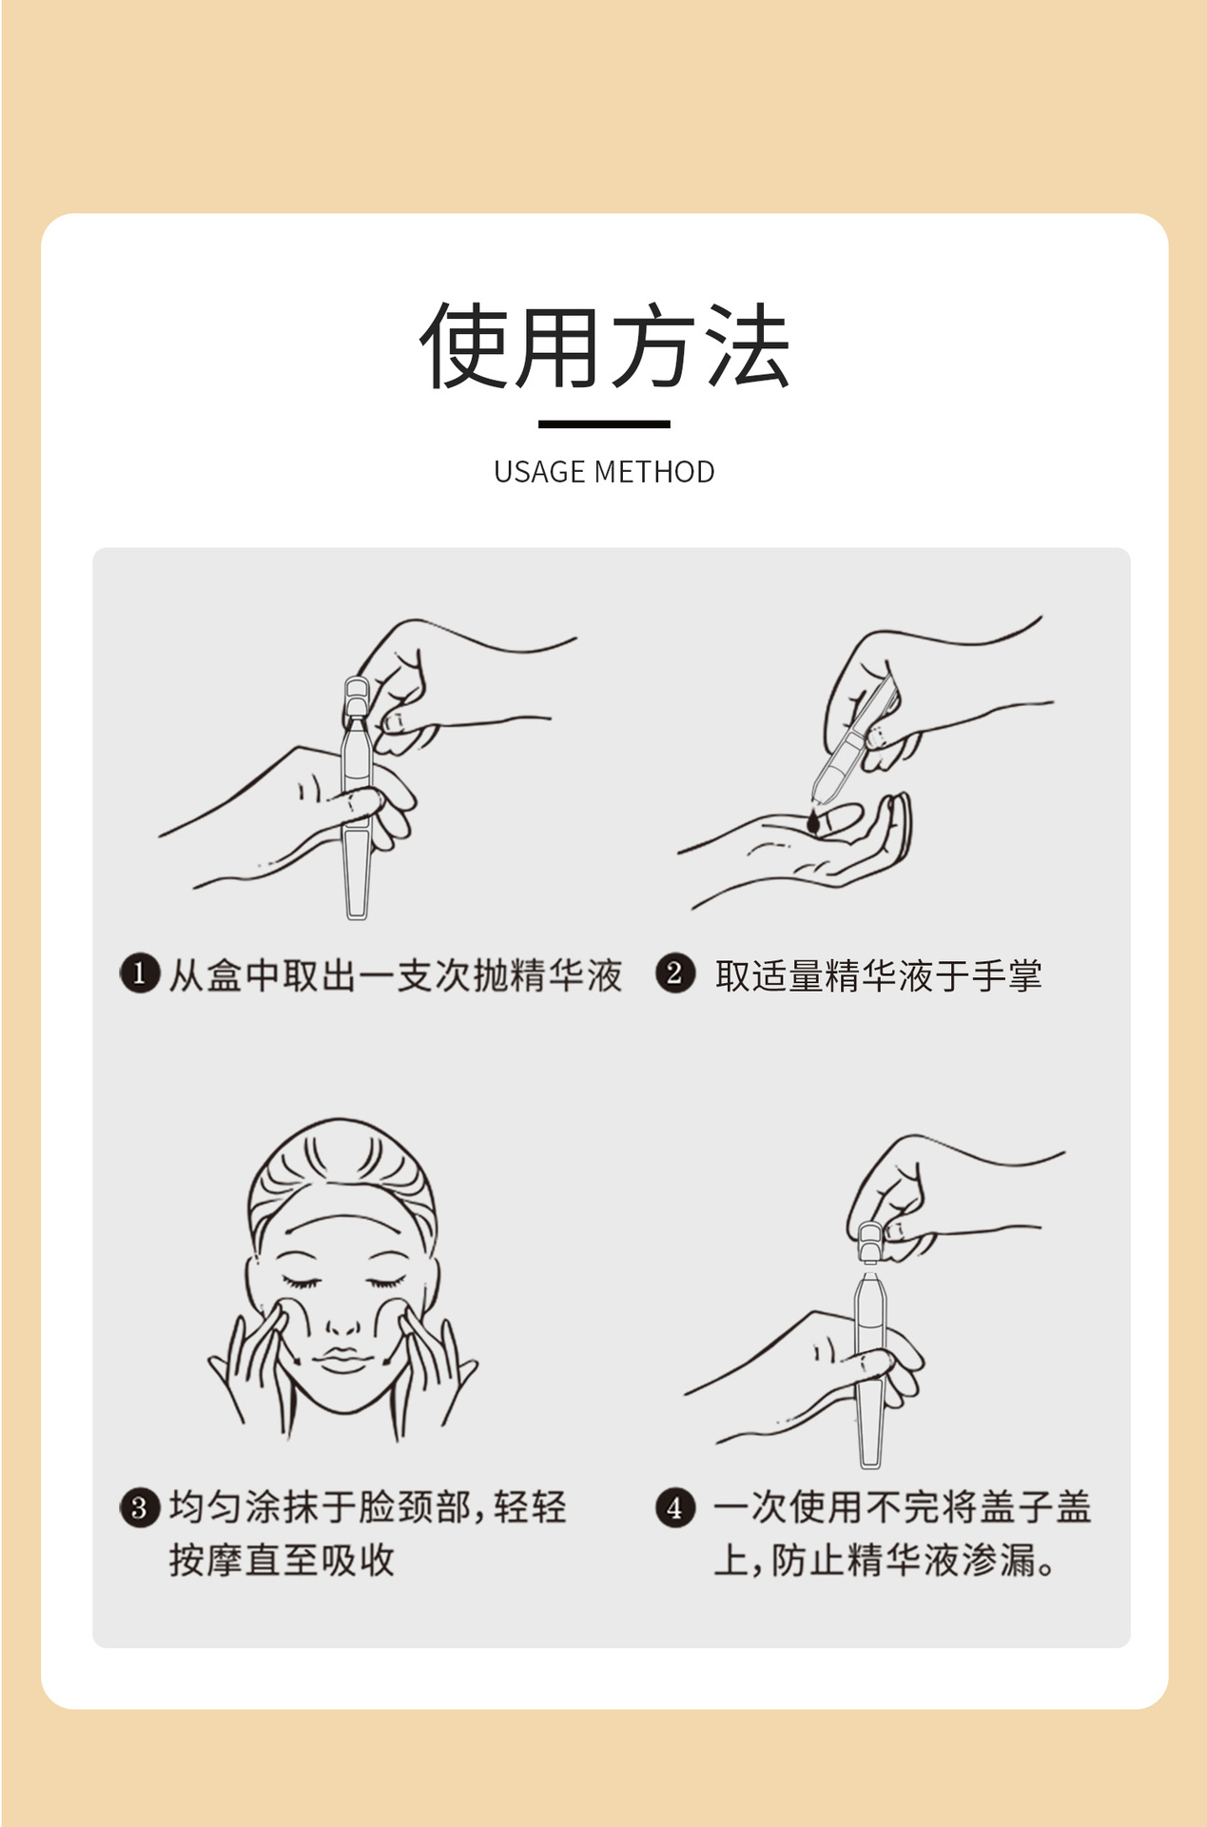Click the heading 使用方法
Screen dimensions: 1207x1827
[604, 346]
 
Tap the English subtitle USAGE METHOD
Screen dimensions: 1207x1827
[604, 472]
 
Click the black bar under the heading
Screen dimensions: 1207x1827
[604, 424]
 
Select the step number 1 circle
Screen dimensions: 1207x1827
[139, 973]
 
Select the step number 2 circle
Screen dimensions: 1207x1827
[674, 973]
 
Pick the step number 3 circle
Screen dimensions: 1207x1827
[139, 1507]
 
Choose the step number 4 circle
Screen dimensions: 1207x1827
[674, 1507]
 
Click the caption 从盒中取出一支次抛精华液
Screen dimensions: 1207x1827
[396, 975]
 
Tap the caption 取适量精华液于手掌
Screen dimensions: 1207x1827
[879, 975]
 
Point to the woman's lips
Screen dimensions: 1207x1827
[343, 1359]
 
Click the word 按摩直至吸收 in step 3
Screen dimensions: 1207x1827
[282, 1560]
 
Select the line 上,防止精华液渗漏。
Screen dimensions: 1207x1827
[885, 1560]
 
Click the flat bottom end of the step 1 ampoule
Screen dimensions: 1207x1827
[357, 915]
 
